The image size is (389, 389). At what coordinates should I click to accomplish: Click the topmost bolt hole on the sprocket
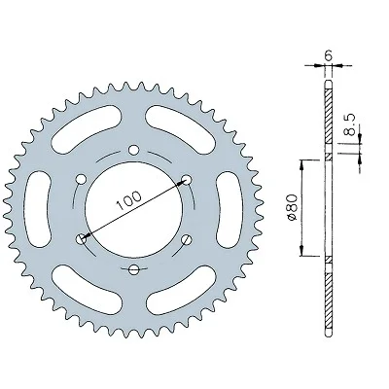(x=133, y=149)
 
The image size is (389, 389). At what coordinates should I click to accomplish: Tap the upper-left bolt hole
(x=81, y=178)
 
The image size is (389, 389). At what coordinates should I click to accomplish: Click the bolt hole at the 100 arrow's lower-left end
(x=81, y=238)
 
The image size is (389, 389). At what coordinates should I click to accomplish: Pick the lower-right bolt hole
(x=186, y=239)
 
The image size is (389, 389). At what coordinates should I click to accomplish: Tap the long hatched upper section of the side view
(x=330, y=117)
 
